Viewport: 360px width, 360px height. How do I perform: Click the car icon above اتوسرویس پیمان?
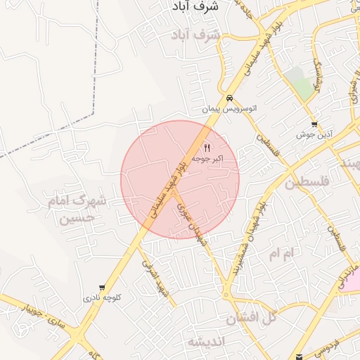tap(229, 98)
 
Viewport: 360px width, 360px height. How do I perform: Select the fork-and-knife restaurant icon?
tap(207, 148)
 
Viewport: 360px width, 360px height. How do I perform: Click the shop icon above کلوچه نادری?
tap(103, 288)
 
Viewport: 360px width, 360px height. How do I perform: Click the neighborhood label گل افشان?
tap(251, 317)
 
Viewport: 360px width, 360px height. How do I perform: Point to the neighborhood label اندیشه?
tap(205, 342)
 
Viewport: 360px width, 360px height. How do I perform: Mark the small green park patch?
tap(303, 88)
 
